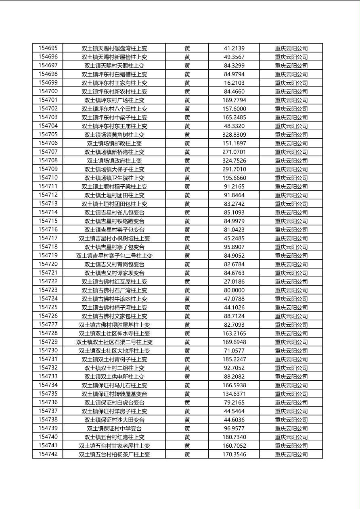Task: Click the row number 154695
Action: click(x=48, y=48)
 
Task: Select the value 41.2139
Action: click(x=234, y=48)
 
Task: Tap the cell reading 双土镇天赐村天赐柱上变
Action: click(x=114, y=65)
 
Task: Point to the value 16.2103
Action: click(x=234, y=83)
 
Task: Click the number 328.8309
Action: click(x=234, y=135)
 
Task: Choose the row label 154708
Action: click(x=48, y=161)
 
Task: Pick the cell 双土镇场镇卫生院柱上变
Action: click(x=114, y=178)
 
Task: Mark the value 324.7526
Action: click(x=234, y=161)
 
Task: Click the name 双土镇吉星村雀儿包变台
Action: click(x=114, y=213)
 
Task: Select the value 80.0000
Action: click(x=234, y=290)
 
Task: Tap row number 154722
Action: click(x=48, y=282)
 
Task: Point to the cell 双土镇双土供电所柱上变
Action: click(x=114, y=377)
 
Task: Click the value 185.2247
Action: click(x=234, y=359)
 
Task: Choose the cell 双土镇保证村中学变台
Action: click(x=114, y=428)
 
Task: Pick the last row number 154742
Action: click(x=48, y=454)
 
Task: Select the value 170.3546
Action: click(x=234, y=454)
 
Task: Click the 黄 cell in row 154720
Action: click(x=187, y=264)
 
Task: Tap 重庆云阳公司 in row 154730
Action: click(x=291, y=351)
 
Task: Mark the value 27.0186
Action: click(x=234, y=282)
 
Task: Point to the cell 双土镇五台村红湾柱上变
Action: click(x=114, y=437)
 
